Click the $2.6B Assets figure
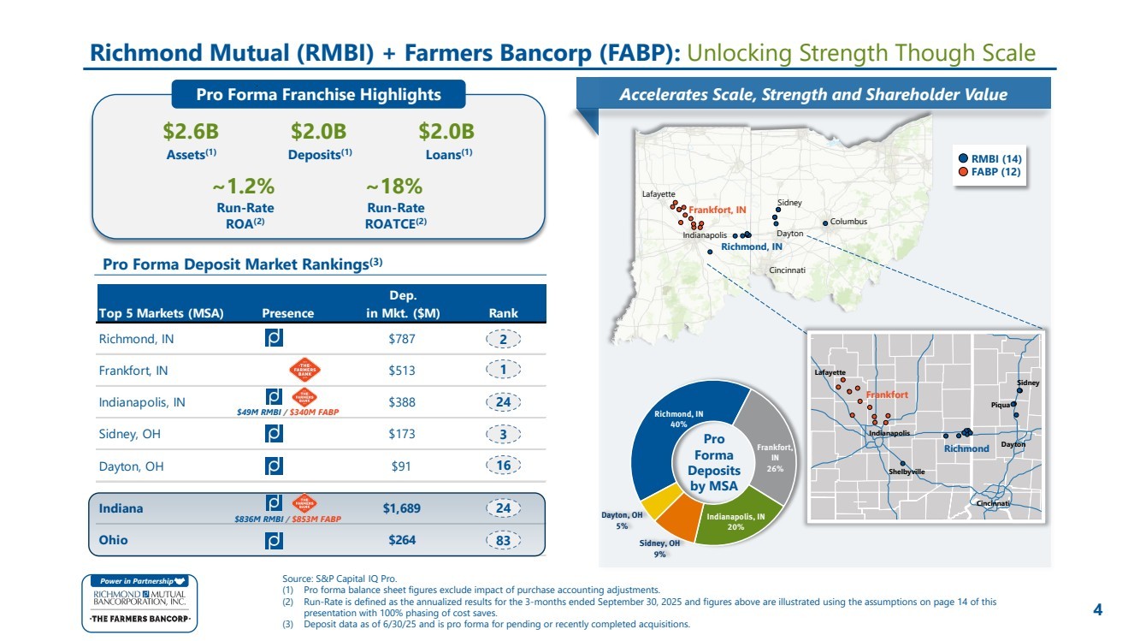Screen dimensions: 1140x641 191,131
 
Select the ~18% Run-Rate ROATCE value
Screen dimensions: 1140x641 394,187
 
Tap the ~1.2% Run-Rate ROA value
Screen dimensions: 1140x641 244,187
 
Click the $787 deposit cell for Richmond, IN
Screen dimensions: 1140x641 402,339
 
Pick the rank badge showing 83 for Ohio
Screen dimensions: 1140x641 503,540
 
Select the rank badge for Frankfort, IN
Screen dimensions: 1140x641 503,370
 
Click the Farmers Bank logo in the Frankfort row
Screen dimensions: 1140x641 304,370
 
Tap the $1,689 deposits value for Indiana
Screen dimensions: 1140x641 402,508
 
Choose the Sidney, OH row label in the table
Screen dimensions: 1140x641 129,434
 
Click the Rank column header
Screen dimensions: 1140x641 503,313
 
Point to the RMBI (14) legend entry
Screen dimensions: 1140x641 989,159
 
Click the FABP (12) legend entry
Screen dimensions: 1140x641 989,172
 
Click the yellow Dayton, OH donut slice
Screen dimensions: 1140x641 660,500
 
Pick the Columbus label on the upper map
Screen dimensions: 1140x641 848,222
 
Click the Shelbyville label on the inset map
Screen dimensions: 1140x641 907,472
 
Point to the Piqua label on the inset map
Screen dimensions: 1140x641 1000,405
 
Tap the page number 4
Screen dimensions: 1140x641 1098,609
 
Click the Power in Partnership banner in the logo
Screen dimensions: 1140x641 139,581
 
